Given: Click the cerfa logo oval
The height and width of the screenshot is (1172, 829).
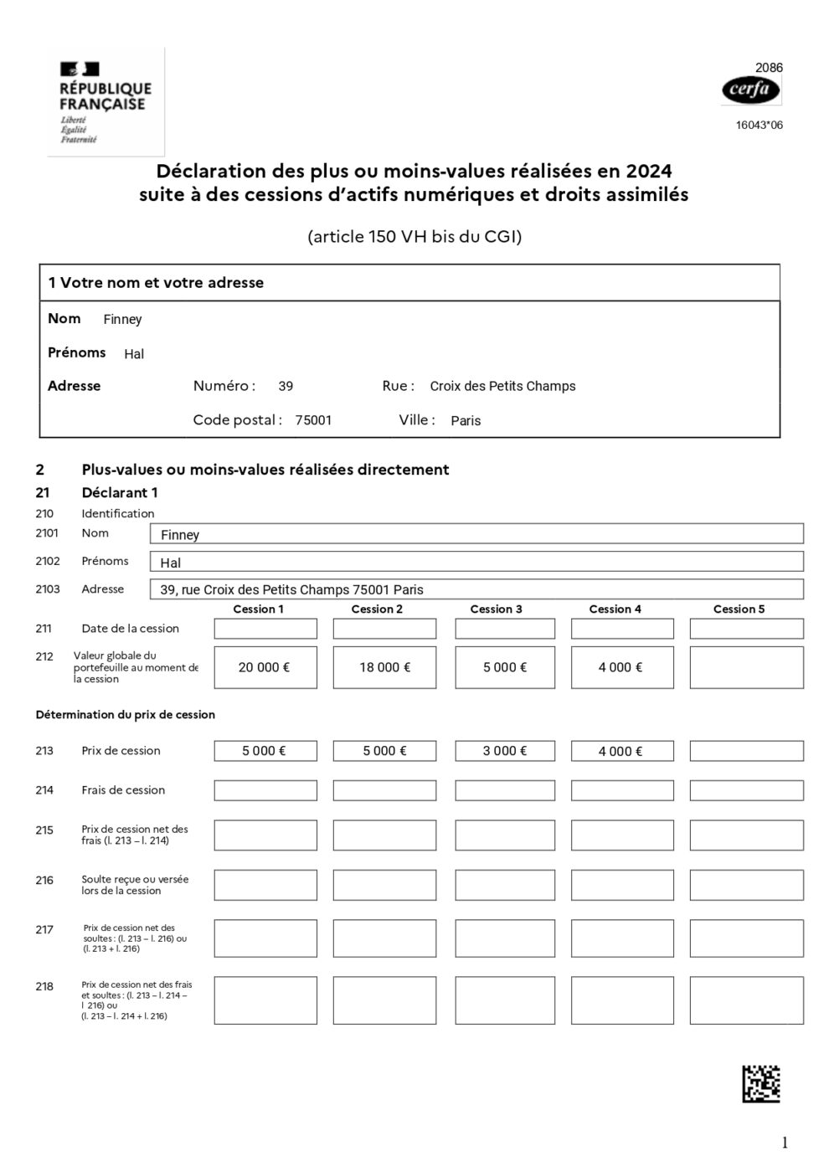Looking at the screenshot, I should pyautogui.click(x=750, y=90).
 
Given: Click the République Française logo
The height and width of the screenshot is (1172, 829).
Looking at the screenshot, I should pyautogui.click(x=106, y=102).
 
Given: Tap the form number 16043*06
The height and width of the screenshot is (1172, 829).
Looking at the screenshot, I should pyautogui.click(x=759, y=126).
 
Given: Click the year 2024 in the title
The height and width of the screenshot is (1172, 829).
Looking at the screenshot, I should pyautogui.click(x=646, y=171).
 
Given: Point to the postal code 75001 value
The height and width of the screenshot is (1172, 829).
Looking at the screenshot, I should pyautogui.click(x=313, y=420).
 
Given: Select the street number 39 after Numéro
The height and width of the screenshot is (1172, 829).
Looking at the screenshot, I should pyautogui.click(x=286, y=387).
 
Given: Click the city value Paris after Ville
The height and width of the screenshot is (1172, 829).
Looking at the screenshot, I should pyautogui.click(x=466, y=421).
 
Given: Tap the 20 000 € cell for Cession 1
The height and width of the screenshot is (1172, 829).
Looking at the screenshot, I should pyautogui.click(x=265, y=667).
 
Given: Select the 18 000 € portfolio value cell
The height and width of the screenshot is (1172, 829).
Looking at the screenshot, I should pyautogui.click(x=384, y=667).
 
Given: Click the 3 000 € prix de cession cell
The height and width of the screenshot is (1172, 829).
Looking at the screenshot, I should pyautogui.click(x=504, y=751).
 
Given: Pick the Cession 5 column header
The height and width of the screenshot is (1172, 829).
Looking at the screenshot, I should pyautogui.click(x=739, y=609).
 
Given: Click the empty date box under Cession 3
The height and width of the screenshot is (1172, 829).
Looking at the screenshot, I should pyautogui.click(x=504, y=629).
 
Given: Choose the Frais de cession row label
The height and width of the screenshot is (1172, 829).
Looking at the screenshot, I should pyautogui.click(x=123, y=790).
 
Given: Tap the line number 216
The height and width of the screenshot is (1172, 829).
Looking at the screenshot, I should pyautogui.click(x=44, y=881).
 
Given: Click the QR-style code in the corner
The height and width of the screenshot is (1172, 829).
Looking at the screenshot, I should pyautogui.click(x=761, y=1083).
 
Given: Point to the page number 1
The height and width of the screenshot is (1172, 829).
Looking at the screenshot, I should pyautogui.click(x=785, y=1143).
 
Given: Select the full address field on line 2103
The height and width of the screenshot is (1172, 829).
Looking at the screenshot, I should pyautogui.click(x=476, y=589).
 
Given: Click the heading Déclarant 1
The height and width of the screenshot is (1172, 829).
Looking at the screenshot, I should pyautogui.click(x=120, y=493).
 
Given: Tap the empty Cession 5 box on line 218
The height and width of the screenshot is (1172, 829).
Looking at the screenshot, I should pyautogui.click(x=746, y=1000).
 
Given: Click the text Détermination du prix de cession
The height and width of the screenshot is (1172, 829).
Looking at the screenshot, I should pyautogui.click(x=126, y=715).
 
